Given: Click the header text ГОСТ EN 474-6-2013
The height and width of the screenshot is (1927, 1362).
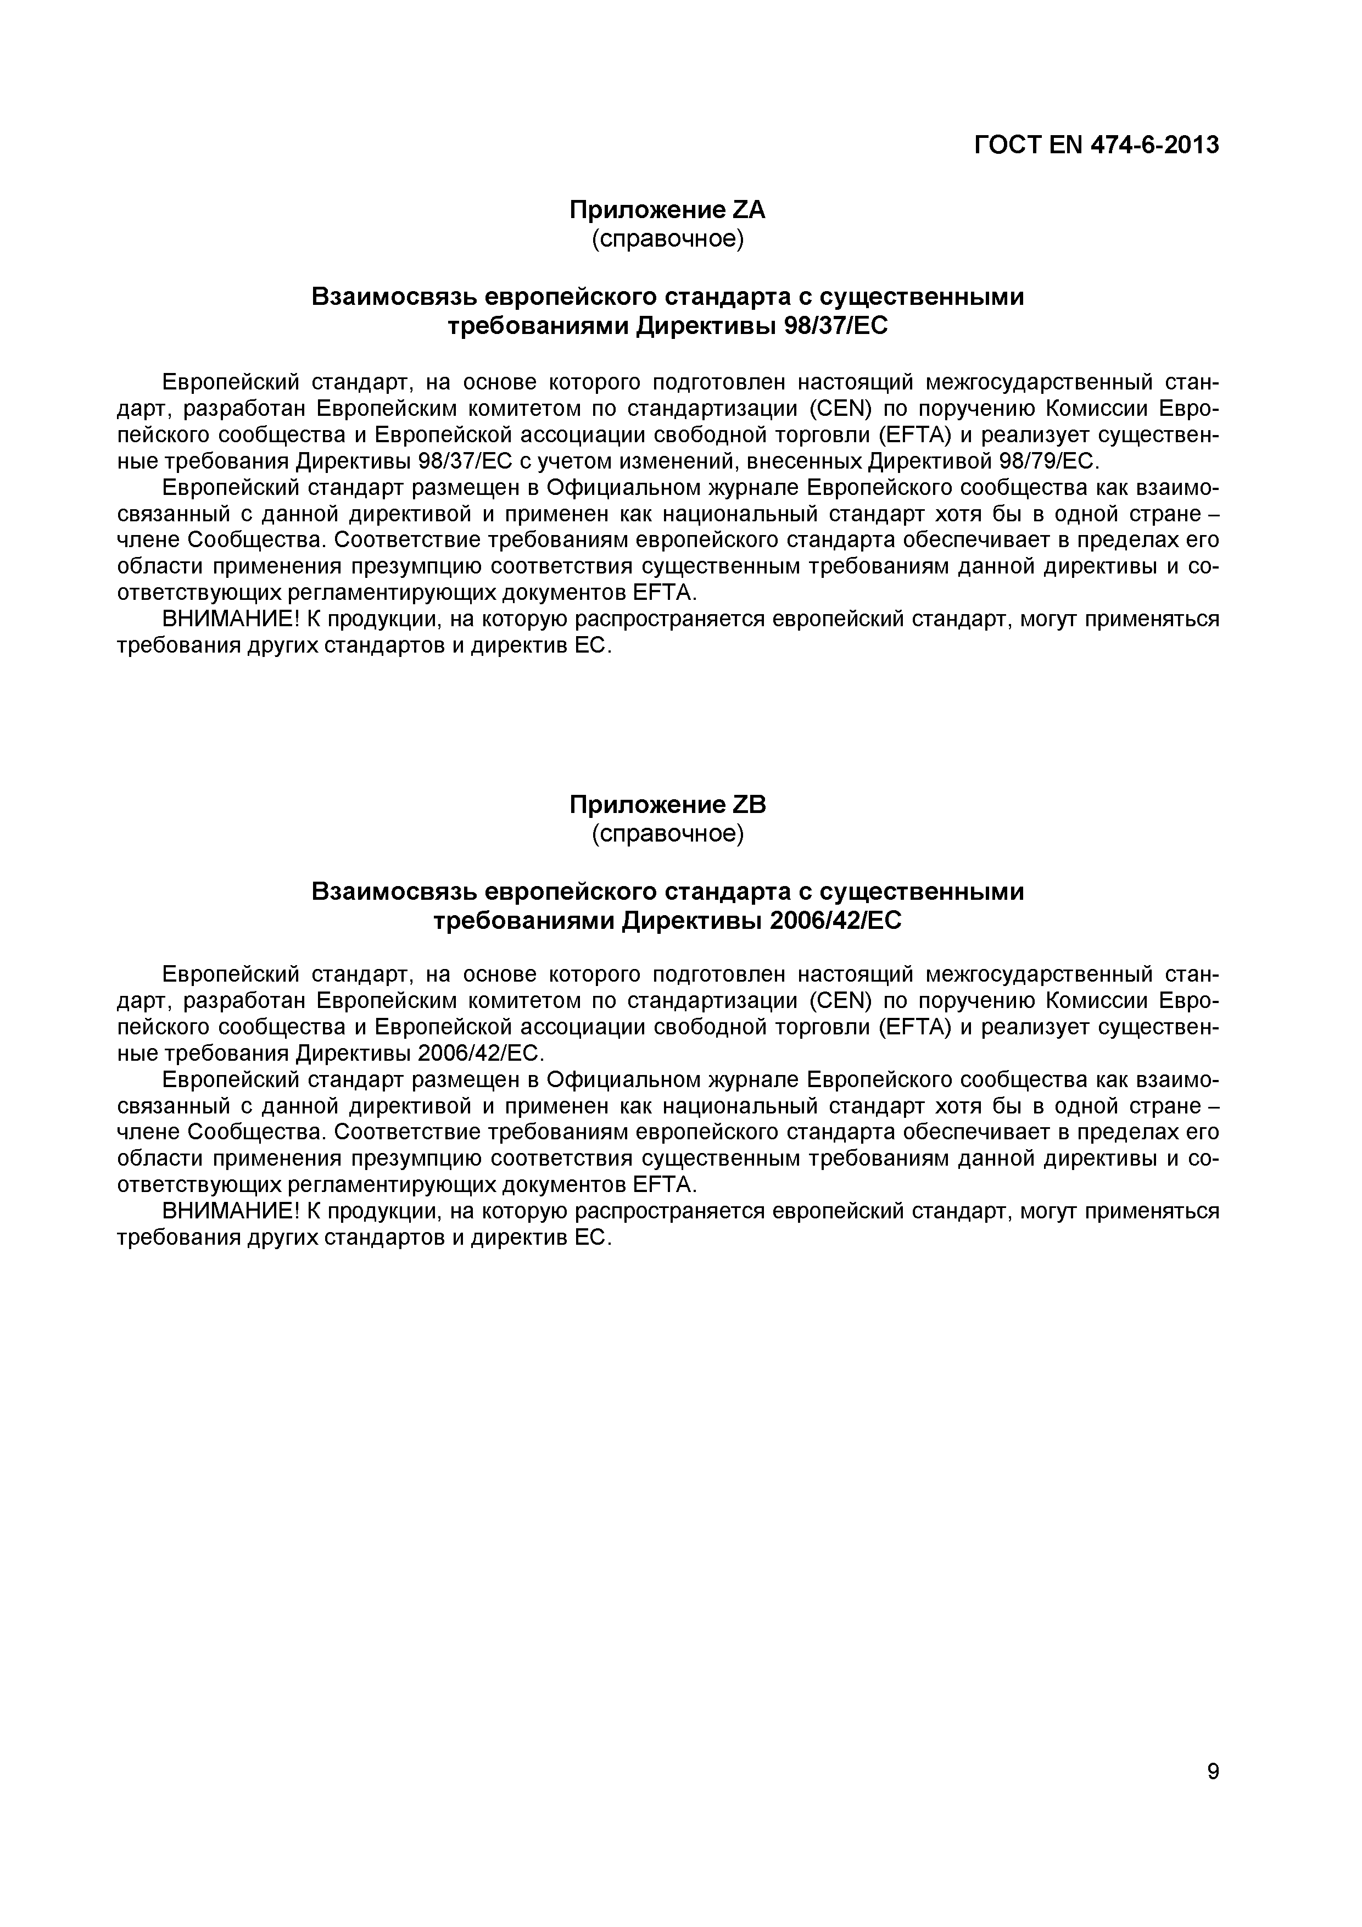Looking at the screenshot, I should (x=1096, y=145).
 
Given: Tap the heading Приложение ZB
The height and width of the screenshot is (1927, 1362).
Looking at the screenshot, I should (x=667, y=804).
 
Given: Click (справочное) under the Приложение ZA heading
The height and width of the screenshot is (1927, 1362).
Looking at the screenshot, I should (x=667, y=239).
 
